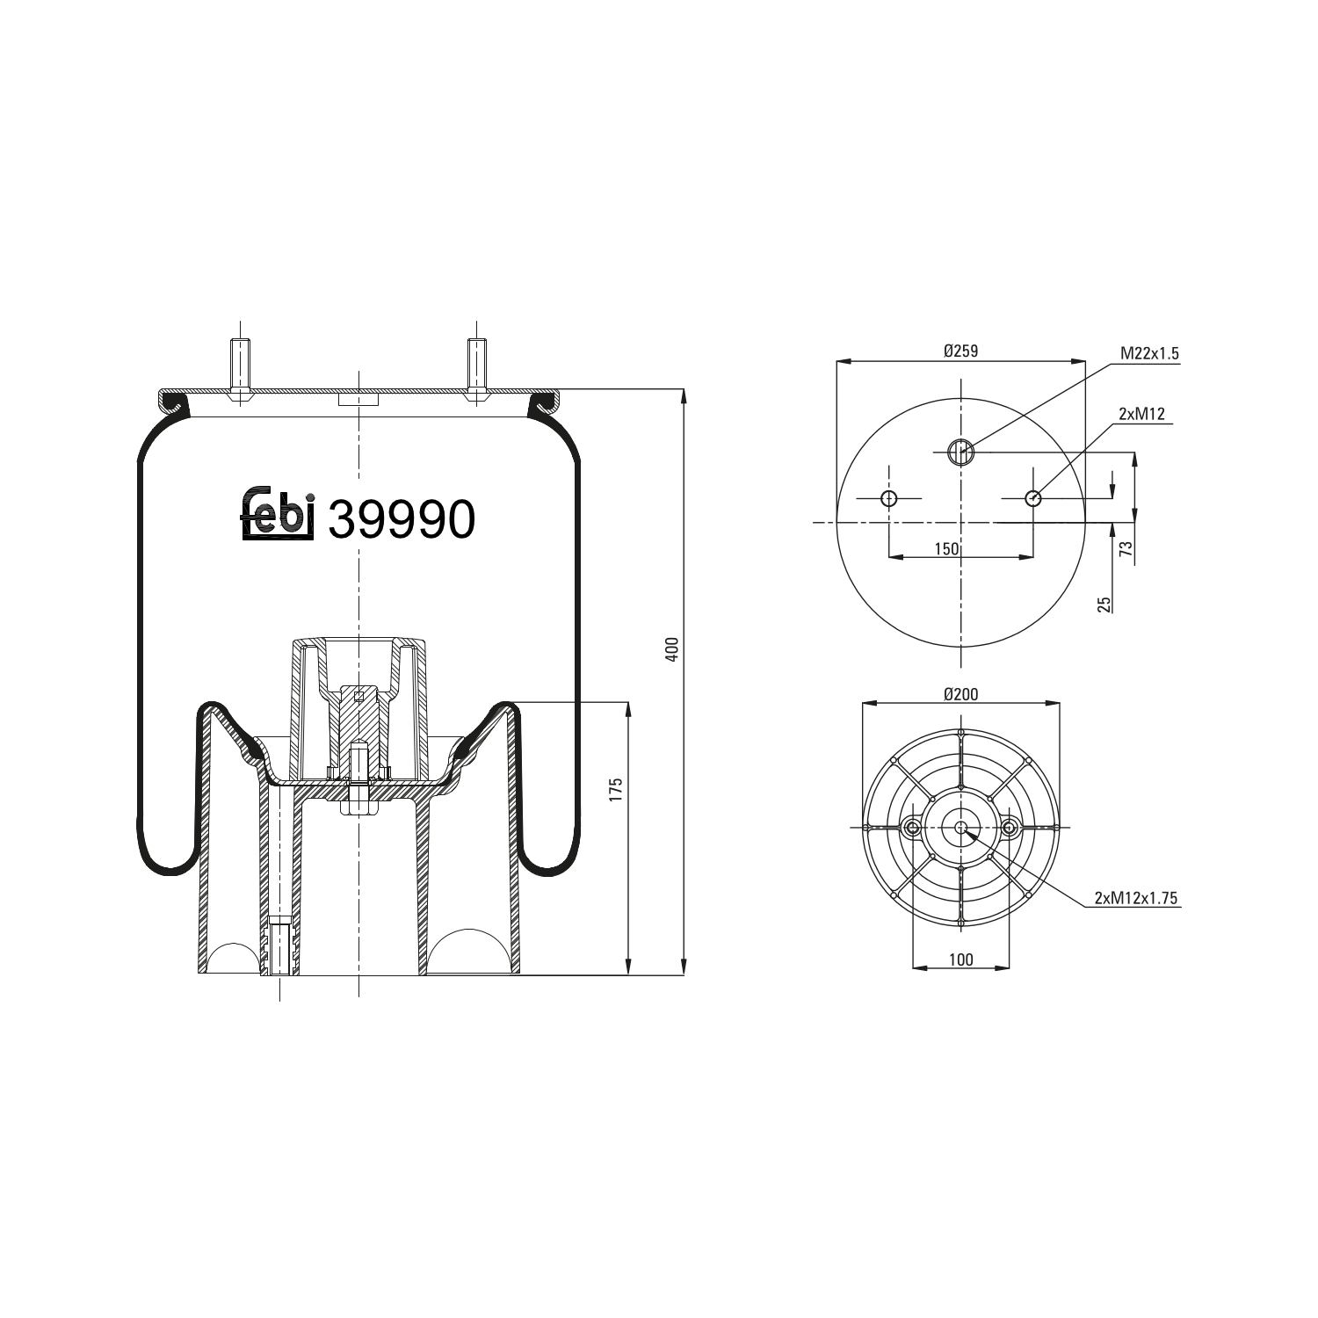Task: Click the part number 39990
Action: pos(402,519)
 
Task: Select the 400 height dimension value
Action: pos(672,649)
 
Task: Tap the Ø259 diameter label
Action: pos(960,351)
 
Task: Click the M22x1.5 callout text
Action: pos(1148,353)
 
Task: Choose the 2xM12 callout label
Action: pos(1141,414)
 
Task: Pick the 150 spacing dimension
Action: pos(946,549)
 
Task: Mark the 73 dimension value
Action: pos(1126,549)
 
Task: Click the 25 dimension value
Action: pos(1104,604)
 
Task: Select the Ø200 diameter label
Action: pos(960,694)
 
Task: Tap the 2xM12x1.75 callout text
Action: pos(1135,897)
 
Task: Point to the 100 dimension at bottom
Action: pos(961,960)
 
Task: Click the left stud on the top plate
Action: pos(239,369)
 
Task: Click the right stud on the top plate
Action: pos(477,369)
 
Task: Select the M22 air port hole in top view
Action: pos(961,453)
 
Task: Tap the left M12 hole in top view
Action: pos(890,499)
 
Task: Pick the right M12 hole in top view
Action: pos(1032,499)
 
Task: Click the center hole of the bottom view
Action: pos(961,828)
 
